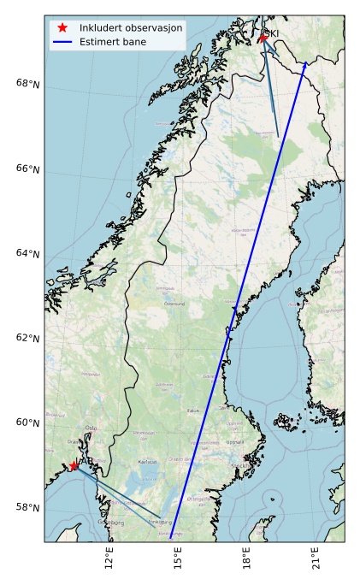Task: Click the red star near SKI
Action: pos(263,38)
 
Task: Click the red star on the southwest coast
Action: pos(74,466)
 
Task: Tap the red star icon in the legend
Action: pos(63,27)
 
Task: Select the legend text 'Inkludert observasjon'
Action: pos(130,27)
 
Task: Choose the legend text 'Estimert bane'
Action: pos(112,41)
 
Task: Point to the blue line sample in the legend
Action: pos(63,41)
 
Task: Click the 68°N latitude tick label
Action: pos(28,84)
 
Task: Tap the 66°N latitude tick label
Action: pos(28,168)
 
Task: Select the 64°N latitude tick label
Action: pos(28,253)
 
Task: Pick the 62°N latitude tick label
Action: pos(28,338)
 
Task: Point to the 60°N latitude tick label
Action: pos(28,422)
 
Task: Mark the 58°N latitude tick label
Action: pos(28,507)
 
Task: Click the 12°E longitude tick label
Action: pos(109,558)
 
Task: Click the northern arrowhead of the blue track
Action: pos(305,63)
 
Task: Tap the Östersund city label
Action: pos(174,304)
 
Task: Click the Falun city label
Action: pos(193,411)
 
